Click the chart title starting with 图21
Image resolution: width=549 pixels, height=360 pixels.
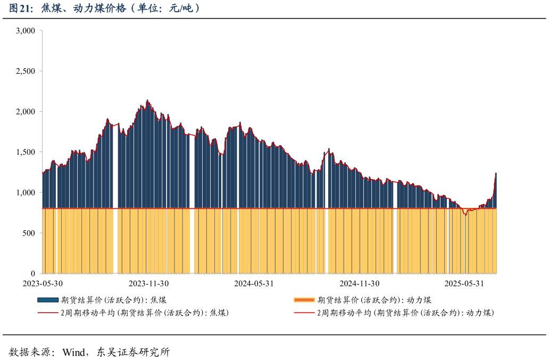point(104,9)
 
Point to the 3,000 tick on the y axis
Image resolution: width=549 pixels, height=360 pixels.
point(26,31)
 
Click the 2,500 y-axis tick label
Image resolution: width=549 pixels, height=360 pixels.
point(26,71)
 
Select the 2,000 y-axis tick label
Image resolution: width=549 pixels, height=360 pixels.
point(26,112)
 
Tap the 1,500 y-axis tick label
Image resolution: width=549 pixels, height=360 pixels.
point(26,152)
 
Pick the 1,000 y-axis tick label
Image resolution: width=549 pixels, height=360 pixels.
point(26,192)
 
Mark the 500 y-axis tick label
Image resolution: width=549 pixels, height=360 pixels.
point(29,233)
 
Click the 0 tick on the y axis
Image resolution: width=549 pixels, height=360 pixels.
point(32,273)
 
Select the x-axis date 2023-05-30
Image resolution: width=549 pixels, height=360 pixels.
point(43,283)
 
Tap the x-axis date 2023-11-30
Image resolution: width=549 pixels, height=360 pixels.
point(148,283)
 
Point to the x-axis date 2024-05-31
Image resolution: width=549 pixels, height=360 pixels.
point(254,283)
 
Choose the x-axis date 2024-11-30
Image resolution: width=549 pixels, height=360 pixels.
point(360,283)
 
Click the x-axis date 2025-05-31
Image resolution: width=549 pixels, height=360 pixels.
point(464,283)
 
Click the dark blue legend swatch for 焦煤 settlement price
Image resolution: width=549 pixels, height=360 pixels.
point(48,300)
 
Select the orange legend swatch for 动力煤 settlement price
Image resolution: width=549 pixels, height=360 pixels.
point(304,300)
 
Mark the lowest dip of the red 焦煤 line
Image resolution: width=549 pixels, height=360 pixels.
point(465,214)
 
